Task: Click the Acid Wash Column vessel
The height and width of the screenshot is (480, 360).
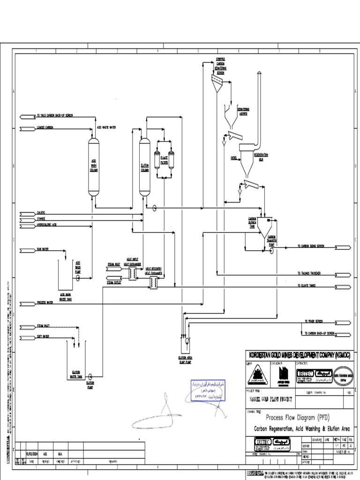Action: (94, 166)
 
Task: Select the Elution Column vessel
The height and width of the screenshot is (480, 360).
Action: (144, 166)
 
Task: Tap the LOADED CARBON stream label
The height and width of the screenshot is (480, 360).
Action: (45, 127)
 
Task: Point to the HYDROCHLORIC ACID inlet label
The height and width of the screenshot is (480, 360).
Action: (47, 225)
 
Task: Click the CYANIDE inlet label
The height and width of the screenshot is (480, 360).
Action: (42, 218)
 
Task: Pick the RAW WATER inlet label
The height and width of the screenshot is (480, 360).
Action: (43, 249)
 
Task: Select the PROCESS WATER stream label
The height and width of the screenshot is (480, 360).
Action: (45, 302)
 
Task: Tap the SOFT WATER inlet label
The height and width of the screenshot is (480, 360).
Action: (43, 336)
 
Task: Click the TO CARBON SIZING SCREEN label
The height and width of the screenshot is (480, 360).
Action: (311, 246)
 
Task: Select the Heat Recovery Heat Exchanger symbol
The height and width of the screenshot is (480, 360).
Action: (153, 281)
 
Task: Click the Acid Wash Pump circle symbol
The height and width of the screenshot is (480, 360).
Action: (78, 277)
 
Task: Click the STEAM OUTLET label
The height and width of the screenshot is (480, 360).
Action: (114, 283)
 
